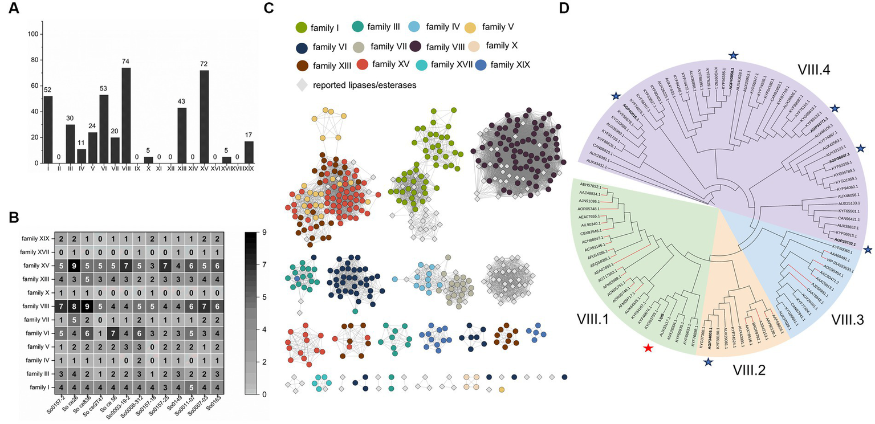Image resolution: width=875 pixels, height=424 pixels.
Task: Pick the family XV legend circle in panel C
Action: (363, 65)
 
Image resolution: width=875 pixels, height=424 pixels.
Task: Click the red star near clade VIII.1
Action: (648, 348)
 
